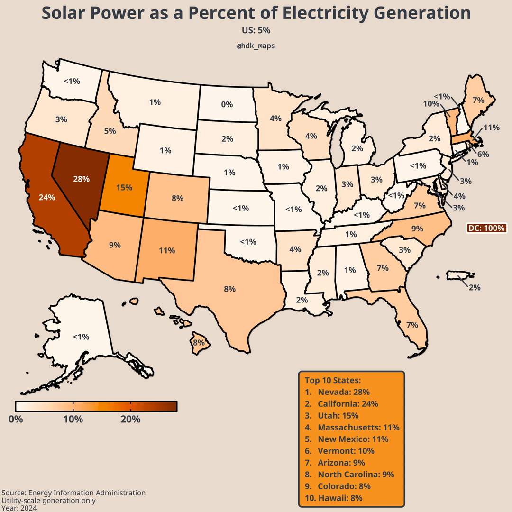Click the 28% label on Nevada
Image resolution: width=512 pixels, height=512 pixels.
pyautogui.click(x=82, y=179)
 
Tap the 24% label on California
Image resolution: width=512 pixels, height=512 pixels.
pyautogui.click(x=47, y=197)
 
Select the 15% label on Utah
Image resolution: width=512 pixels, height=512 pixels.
pyautogui.click(x=124, y=187)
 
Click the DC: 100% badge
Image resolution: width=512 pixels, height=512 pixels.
pyautogui.click(x=486, y=228)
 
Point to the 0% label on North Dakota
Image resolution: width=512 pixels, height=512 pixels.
pyautogui.click(x=227, y=104)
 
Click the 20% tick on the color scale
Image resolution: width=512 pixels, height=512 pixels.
pyautogui.click(x=130, y=419)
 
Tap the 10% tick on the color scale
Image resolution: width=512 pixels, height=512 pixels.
pyautogui.click(x=73, y=419)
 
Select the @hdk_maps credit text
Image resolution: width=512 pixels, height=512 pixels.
pyautogui.click(x=256, y=46)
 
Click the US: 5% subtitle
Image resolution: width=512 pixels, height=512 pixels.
pyautogui.click(x=256, y=30)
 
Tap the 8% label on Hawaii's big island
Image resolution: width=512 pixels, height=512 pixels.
pyautogui.click(x=198, y=342)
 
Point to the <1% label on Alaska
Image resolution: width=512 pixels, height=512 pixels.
pyautogui.click(x=81, y=337)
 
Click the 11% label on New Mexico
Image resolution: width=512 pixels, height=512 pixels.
pyautogui.click(x=167, y=250)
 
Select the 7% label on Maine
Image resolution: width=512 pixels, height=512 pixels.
pyautogui.click(x=478, y=100)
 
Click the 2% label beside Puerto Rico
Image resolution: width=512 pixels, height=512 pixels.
pyautogui.click(x=475, y=287)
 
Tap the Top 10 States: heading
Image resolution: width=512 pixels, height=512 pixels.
pyautogui.click(x=333, y=380)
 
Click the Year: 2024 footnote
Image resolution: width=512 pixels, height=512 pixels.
pyautogui.click(x=19, y=508)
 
